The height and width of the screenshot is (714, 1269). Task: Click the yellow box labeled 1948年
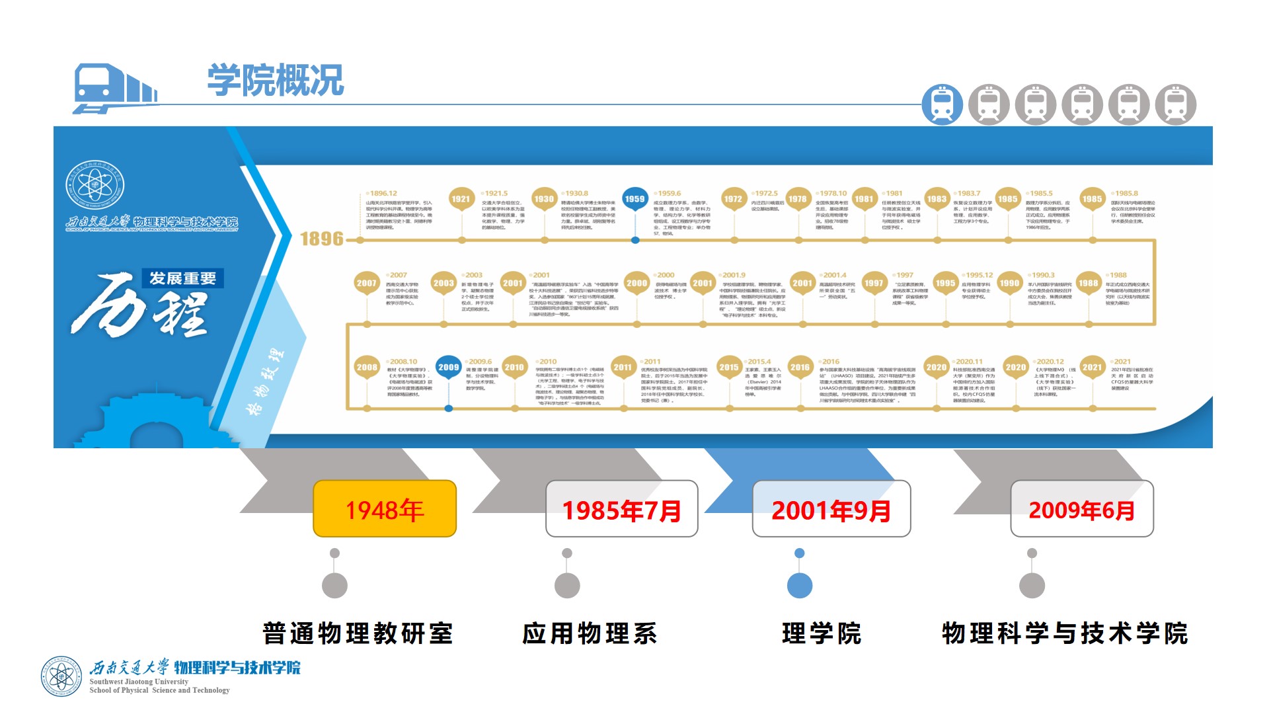[385, 509]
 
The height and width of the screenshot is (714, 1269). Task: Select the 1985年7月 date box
[621, 509]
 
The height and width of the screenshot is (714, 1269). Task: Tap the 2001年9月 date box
[831, 509]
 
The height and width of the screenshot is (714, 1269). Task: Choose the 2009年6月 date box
[1081, 509]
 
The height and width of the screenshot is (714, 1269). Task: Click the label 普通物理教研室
[358, 633]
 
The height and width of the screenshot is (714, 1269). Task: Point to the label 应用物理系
[590, 633]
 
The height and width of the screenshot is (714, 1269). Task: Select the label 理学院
[822, 633]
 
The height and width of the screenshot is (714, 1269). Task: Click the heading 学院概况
[276, 81]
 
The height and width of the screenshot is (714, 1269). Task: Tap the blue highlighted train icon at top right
[942, 104]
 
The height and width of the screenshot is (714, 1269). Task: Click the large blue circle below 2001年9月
[800, 585]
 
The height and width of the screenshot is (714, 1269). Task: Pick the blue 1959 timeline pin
[634, 199]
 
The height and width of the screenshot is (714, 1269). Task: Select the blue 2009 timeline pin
[448, 367]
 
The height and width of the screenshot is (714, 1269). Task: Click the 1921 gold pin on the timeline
[461, 199]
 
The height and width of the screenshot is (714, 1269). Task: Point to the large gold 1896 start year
[322, 239]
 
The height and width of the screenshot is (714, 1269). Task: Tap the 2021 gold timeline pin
[1092, 367]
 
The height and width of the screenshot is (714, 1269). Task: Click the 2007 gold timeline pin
[366, 283]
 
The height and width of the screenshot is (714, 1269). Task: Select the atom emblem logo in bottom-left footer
[61, 676]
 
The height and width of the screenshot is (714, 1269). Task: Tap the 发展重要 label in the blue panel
[182, 278]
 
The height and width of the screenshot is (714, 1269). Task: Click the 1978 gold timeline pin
[797, 199]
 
